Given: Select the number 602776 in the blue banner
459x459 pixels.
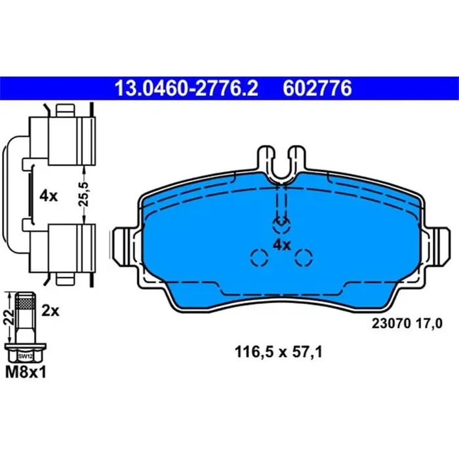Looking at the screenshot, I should (x=317, y=87).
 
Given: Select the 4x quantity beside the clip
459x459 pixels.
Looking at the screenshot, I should (x=50, y=195).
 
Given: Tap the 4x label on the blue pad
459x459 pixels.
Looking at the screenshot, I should (x=281, y=245).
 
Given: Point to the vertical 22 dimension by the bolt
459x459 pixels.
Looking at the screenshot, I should (x=9, y=319).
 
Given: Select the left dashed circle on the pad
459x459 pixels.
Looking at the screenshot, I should (x=259, y=258).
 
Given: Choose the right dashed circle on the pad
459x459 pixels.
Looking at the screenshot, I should (x=302, y=258).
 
